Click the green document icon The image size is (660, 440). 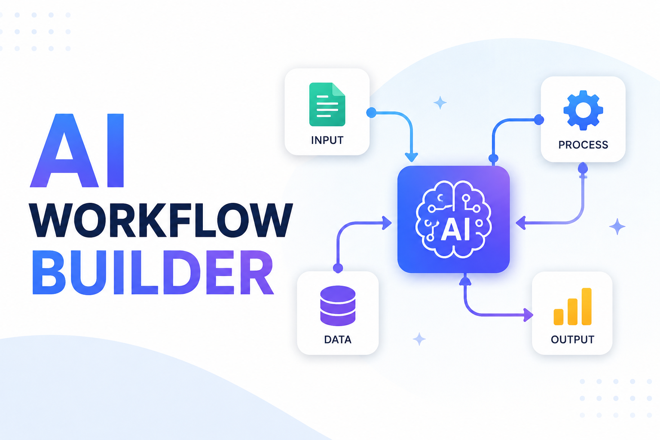(x=327, y=104)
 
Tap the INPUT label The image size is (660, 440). (x=327, y=140)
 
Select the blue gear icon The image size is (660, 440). (x=583, y=110)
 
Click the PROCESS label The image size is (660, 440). (x=583, y=145)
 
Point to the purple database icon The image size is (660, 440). (x=338, y=306)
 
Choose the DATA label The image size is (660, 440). (x=338, y=340)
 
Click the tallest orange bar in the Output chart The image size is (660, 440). (x=587, y=306)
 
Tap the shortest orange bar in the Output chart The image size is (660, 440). (x=558, y=317)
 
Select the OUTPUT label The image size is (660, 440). (x=572, y=339)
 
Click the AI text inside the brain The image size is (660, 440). (x=455, y=231)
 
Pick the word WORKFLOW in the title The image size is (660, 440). (x=161, y=220)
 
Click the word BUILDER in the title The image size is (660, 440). (x=153, y=272)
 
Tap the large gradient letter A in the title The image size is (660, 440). (x=64, y=150)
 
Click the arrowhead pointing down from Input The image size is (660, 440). (x=411, y=157)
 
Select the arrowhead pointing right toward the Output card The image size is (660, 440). (x=528, y=315)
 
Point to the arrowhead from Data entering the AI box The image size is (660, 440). (x=387, y=223)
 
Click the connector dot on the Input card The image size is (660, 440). (x=371, y=113)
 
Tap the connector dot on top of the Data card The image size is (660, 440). (x=338, y=268)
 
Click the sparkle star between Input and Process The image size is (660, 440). (x=440, y=103)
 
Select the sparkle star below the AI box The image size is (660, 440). (x=419, y=339)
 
